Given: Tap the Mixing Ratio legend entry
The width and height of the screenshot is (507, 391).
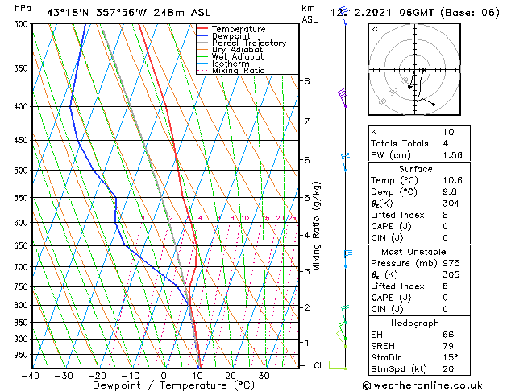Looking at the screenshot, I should coord(239,71).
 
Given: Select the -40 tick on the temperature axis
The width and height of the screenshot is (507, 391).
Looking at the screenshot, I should coord(31,376).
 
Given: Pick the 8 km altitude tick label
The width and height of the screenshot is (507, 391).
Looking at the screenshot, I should coord(306,81).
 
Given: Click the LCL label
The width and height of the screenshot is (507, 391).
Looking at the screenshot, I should coord(317,365).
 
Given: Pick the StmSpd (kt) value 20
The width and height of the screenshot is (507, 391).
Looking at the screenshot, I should coord(448,370).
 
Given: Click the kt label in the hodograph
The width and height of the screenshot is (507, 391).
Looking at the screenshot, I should coord(374,29).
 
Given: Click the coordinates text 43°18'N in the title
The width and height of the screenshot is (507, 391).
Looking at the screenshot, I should coord(71,12).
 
